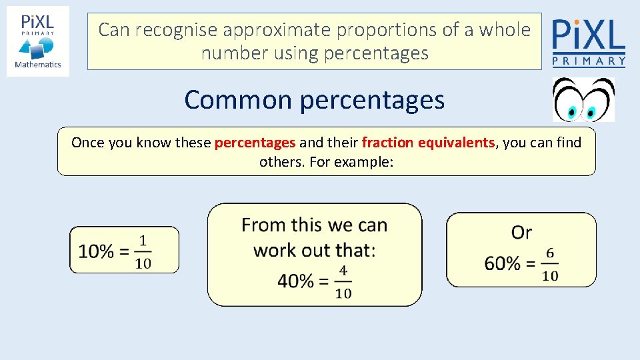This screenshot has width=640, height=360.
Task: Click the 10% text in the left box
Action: [x=96, y=251]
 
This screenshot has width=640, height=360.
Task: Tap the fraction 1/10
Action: [x=143, y=251]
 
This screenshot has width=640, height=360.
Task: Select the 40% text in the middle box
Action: [x=295, y=281]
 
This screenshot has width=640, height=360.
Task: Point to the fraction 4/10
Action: [x=343, y=281]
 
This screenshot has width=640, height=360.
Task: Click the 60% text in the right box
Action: [x=502, y=263]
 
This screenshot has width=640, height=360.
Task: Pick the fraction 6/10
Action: [x=549, y=264]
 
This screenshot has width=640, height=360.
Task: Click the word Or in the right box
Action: [x=521, y=233]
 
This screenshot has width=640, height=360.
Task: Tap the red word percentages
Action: [x=255, y=142]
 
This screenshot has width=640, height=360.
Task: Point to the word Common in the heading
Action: [x=238, y=100]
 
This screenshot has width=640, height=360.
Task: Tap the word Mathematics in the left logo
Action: [x=38, y=65]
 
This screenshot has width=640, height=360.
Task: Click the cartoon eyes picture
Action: [x=584, y=99]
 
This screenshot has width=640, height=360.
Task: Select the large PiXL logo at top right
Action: [x=589, y=42]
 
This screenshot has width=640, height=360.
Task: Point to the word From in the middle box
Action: [x=263, y=225]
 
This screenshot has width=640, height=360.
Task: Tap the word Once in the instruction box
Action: [x=87, y=142]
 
